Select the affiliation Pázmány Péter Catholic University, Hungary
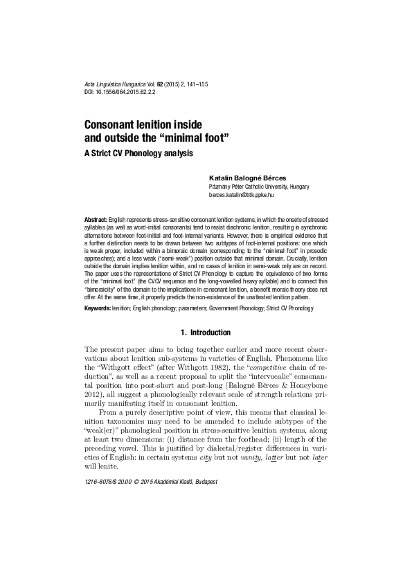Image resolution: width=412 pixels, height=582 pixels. click(x=259, y=187)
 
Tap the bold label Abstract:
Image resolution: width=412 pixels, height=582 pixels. click(x=95, y=218)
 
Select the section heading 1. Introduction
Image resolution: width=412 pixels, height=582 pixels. click(x=205, y=332)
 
